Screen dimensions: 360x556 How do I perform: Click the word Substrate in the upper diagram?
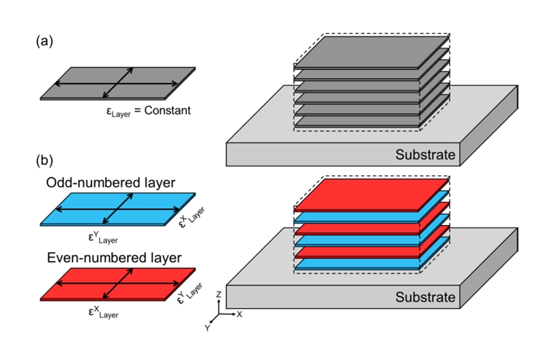(425, 155)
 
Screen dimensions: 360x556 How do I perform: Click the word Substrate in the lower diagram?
(425, 297)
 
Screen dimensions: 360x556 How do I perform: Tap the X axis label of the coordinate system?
(239, 314)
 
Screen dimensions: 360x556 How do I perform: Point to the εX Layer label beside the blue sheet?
(192, 215)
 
